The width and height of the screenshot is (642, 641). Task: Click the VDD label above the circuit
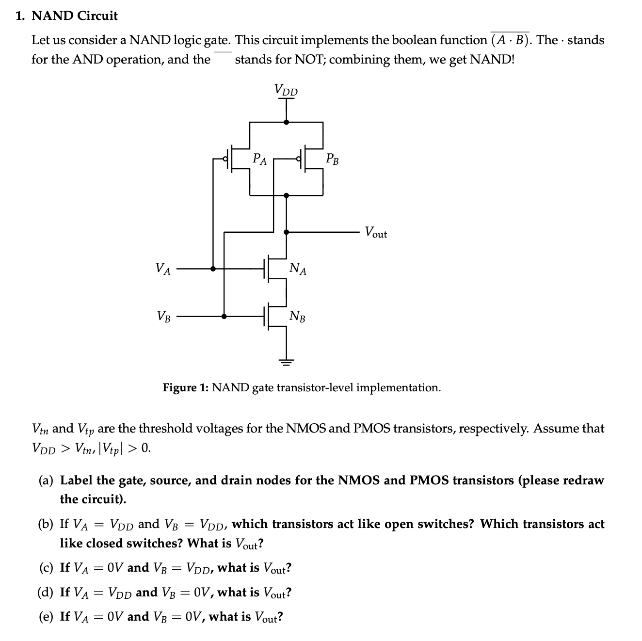(x=286, y=91)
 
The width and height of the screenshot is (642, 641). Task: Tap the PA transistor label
(x=260, y=159)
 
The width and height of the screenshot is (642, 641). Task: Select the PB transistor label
(x=332, y=159)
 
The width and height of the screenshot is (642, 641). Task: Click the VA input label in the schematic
(x=163, y=268)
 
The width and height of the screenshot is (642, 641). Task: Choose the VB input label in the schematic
(x=163, y=317)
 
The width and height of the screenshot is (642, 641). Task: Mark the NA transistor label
(x=298, y=268)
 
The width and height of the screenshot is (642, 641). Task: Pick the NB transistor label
(x=297, y=317)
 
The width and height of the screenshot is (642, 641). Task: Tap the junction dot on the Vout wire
(x=286, y=232)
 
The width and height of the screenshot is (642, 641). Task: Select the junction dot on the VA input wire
(x=212, y=268)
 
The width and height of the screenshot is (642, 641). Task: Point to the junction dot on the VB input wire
(x=224, y=317)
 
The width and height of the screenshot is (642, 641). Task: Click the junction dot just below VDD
(x=286, y=122)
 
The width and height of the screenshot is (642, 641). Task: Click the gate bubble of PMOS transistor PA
(x=226, y=159)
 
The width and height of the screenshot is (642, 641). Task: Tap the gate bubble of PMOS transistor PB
(x=299, y=159)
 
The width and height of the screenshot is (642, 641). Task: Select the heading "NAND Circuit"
(x=74, y=16)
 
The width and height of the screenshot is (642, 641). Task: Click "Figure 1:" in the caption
(x=185, y=388)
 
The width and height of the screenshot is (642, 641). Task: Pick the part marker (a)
(x=46, y=481)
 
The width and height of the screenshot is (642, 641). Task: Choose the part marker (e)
(x=46, y=617)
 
